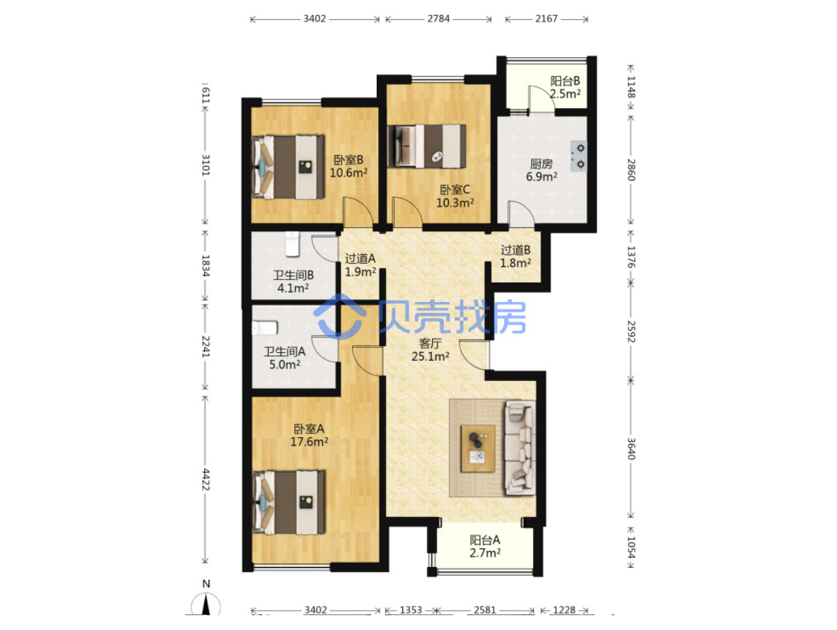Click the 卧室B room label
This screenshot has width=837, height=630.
tap(349, 166)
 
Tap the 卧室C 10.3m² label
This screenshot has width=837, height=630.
tap(455, 196)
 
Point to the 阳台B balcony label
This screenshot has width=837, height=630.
tap(565, 87)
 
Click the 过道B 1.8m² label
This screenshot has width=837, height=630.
tap(515, 256)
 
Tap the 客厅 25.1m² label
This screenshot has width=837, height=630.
tap(430, 350)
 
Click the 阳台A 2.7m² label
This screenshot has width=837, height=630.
tap(485, 547)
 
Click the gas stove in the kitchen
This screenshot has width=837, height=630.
tap(579, 156)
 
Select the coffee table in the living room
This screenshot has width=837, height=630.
tap(478, 448)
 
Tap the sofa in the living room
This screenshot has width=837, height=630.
tap(520, 448)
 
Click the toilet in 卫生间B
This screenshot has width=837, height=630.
tap(292, 243)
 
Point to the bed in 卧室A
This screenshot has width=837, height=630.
tap(289, 502)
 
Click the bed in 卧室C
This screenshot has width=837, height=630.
tap(426, 146)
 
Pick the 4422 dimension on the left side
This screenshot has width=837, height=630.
tap(206, 479)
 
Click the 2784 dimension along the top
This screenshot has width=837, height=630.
tap(438, 18)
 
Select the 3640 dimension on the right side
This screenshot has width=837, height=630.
tap(631, 448)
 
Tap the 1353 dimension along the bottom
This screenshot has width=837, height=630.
tap(411, 609)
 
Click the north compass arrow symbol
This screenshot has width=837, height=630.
tap(206, 605)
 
